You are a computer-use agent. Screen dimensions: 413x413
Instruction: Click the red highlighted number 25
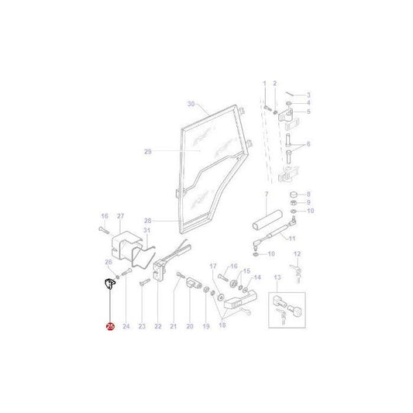point(109,327)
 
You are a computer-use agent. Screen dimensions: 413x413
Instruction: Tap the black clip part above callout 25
point(109,285)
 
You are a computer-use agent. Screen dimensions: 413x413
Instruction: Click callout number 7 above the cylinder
point(266,193)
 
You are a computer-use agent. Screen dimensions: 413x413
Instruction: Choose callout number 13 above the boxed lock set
point(278,276)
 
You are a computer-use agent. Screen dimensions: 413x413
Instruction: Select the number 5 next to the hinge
point(307,112)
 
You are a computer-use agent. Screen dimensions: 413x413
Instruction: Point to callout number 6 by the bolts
point(307,145)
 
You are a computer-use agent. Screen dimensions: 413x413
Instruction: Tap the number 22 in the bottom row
point(158,327)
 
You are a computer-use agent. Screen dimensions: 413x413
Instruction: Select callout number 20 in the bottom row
point(190,327)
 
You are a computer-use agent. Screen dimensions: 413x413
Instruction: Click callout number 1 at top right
point(263,83)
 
